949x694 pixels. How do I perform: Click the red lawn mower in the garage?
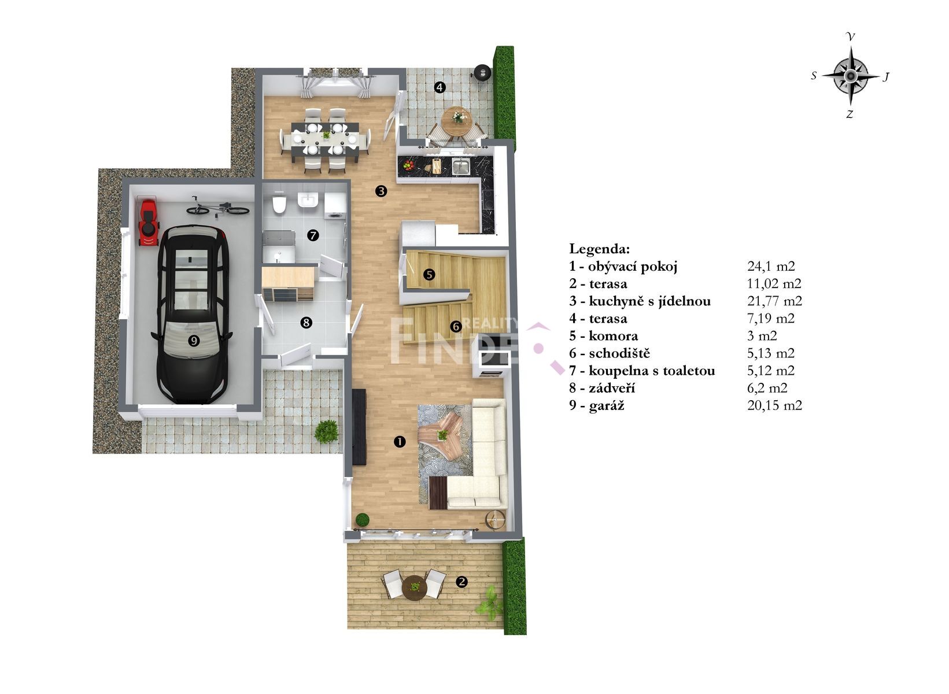(x=149, y=223)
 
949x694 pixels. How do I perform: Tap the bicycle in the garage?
(x=218, y=207)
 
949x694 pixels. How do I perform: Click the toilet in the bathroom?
(x=279, y=204)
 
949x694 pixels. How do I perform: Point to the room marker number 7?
(x=313, y=235)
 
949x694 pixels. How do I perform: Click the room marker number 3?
(x=381, y=191)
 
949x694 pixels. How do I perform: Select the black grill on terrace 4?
(x=482, y=72)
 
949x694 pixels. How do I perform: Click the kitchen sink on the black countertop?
(x=460, y=166)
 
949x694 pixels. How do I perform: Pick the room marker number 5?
(x=429, y=275)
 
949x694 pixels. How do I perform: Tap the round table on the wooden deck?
(x=415, y=588)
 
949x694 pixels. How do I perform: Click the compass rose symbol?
(x=850, y=76)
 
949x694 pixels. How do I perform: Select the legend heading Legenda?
(x=599, y=249)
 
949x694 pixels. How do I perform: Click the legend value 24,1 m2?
(x=771, y=266)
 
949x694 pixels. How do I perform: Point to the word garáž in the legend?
(x=606, y=405)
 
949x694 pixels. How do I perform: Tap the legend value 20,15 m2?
(x=774, y=405)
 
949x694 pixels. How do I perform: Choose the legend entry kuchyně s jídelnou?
(x=649, y=301)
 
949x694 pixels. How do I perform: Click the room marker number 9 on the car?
(x=194, y=340)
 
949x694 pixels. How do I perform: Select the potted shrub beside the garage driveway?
(x=326, y=431)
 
